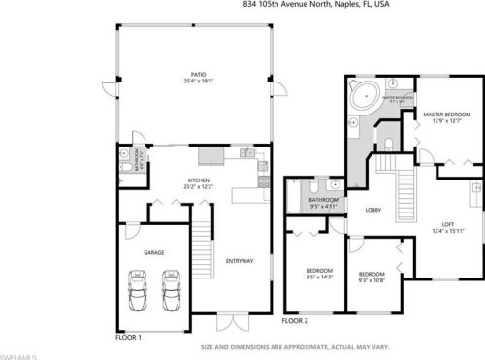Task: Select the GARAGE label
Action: tap(153, 252)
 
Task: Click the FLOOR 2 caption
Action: tap(294, 321)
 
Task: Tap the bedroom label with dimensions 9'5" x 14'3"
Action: tap(319, 273)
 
